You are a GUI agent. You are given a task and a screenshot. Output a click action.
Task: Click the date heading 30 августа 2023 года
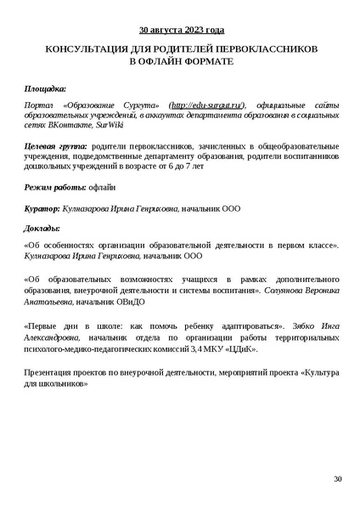181,30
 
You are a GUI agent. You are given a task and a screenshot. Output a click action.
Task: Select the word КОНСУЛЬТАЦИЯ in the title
84,51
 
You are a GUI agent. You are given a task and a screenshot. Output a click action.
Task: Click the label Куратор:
42,206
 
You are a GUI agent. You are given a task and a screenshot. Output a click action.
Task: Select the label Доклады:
42,227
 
